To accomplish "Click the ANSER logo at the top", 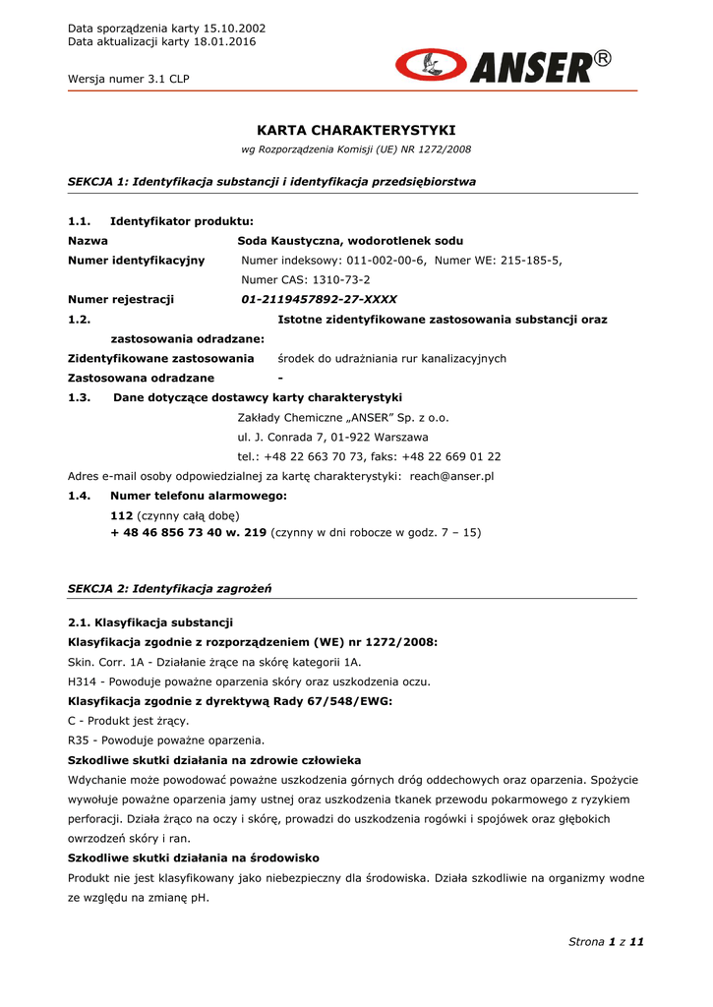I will click(x=503, y=67).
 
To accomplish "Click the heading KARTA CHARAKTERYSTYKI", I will click(x=356, y=130).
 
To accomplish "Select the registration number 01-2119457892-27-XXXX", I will click(x=320, y=300).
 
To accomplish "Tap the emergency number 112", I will click(x=121, y=515).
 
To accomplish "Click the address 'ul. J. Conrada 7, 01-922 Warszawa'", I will click(x=332, y=437).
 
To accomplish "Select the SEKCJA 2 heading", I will click(x=169, y=588).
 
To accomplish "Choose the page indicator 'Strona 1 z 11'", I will click(x=606, y=942).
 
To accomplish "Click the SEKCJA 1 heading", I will click(x=271, y=182).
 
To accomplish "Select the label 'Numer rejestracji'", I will click(x=120, y=300).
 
